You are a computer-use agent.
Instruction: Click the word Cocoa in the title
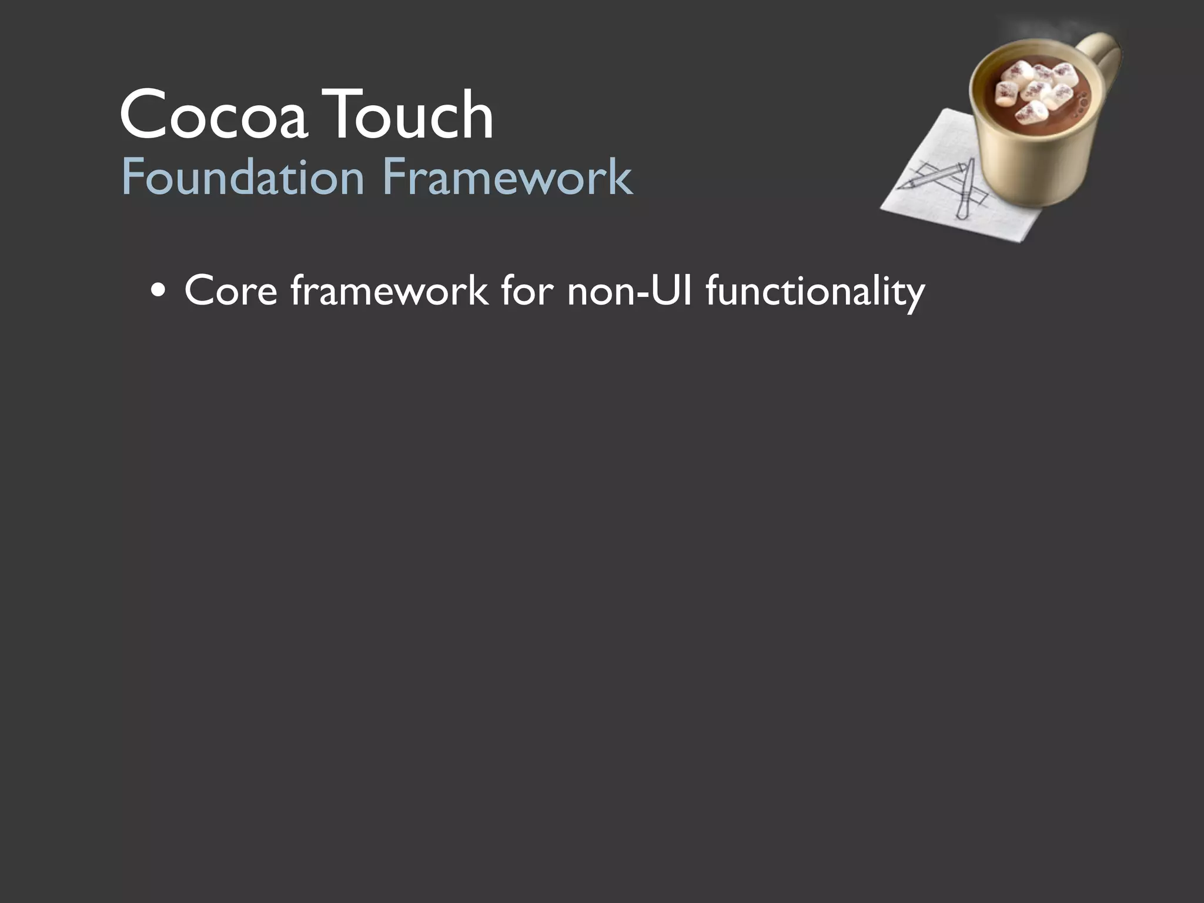pos(213,115)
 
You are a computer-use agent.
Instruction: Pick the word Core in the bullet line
pos(230,290)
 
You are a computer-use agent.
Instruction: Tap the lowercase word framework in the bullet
pos(389,290)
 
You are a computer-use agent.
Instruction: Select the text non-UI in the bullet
pos(630,290)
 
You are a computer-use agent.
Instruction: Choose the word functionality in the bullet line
pos(815,292)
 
